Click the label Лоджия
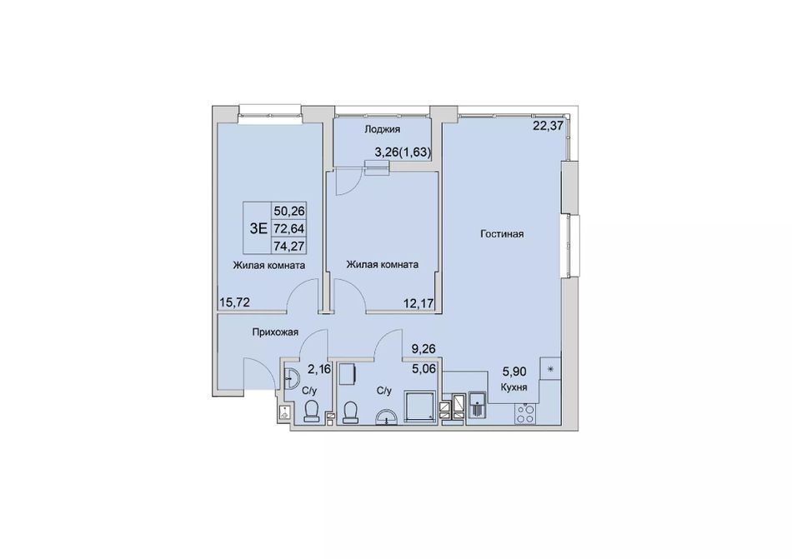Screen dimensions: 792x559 point(383,129)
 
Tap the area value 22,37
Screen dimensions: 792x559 point(548,126)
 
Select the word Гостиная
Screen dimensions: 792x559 point(502,234)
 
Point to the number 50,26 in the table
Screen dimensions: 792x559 point(289,211)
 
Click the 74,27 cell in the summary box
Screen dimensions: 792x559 point(289,246)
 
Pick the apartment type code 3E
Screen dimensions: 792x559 point(258,228)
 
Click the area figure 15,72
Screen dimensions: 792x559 point(234,302)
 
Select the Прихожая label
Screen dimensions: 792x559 point(276,332)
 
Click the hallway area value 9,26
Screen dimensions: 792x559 point(424,348)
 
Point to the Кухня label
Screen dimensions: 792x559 point(514,387)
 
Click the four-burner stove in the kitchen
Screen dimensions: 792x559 point(525,414)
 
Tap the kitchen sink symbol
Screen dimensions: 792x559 point(478,406)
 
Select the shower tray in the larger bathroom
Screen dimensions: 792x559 point(419,405)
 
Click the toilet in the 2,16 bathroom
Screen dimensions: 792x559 point(311,411)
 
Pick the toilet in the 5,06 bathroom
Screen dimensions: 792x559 point(349,412)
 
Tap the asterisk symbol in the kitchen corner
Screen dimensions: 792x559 point(551,368)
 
